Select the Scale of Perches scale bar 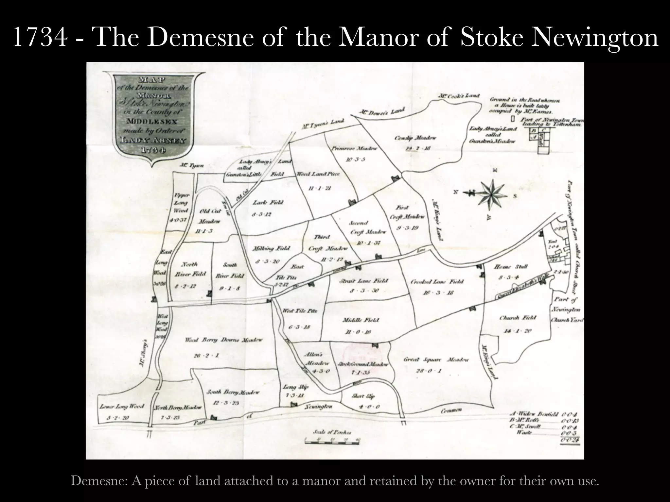point(331,440)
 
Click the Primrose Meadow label point(354,148)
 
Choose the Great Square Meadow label point(436,360)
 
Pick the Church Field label point(518,318)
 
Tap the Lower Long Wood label point(122,407)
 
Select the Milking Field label point(271,249)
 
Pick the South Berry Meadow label point(233,392)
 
